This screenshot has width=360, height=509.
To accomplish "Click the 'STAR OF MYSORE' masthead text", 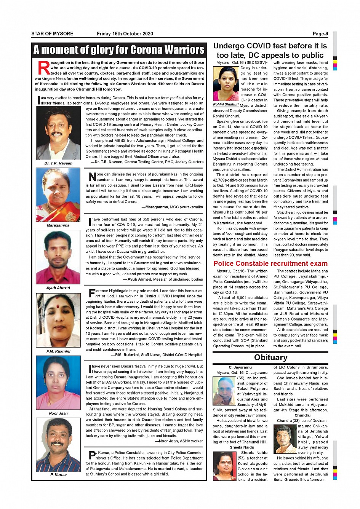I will [x=52, y=34].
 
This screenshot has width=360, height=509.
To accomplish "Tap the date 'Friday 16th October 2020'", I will [x=125, y=34].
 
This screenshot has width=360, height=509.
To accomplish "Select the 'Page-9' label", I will [x=320, y=34].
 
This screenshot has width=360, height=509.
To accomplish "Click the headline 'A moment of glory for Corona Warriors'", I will [x=119, y=50].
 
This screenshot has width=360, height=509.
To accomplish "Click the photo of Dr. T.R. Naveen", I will [x=58, y=133].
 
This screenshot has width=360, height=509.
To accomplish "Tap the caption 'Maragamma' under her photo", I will [x=58, y=225].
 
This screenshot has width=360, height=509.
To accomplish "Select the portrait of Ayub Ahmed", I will [x=58, y=257].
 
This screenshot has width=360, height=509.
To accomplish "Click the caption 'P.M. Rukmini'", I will [x=58, y=351].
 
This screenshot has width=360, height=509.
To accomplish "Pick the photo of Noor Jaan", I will [x=58, y=383].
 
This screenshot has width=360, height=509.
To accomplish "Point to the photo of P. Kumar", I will [x=58, y=445].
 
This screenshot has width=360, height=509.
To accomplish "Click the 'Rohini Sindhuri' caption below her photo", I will [x=226, y=104].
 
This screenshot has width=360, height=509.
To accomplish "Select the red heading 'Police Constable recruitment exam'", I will [x=270, y=263].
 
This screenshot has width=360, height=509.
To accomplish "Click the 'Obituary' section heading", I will [x=270, y=357].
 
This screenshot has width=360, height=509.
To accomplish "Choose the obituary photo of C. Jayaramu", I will [x=224, y=391].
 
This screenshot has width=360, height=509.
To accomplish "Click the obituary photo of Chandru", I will [x=285, y=439].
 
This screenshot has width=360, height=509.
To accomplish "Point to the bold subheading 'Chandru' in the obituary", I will [x=302, y=415].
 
